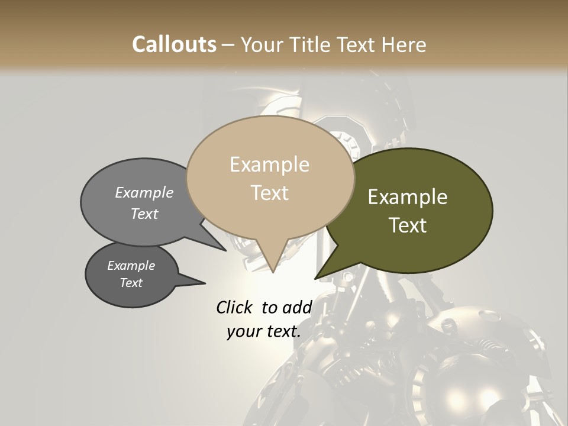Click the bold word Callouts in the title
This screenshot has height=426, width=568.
point(174,44)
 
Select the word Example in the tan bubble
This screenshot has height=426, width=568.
point(269,164)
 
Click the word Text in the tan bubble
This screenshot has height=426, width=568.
point(269,193)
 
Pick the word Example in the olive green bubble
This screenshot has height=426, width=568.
point(408,197)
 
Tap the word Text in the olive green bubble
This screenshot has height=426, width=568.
point(408,225)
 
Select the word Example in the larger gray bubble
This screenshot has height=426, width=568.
point(144,192)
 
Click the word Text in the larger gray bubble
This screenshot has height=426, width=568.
point(144,214)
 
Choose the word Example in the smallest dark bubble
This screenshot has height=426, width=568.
point(131,266)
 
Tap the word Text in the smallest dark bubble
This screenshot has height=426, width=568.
point(131,283)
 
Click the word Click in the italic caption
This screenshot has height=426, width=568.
point(234,307)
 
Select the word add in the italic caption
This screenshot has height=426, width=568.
point(296,307)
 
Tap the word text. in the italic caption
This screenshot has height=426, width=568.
point(281,331)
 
